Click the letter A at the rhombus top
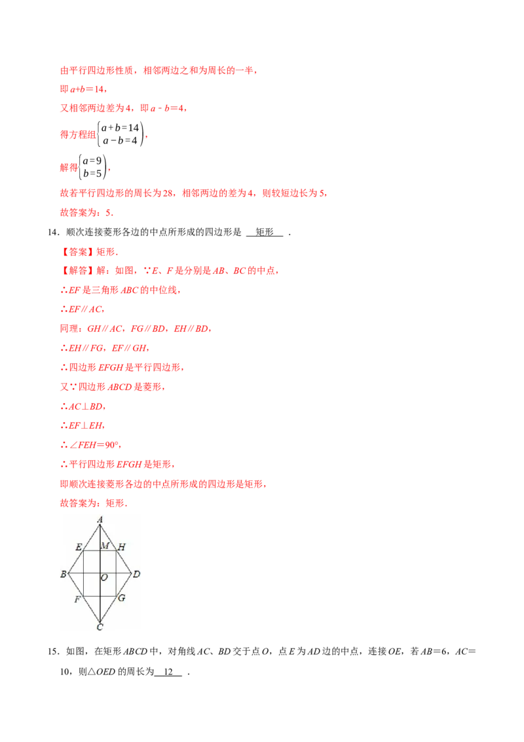[x=100, y=520]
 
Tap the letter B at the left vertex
[x=63, y=575]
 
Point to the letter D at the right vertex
[x=136, y=575]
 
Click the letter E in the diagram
[x=79, y=547]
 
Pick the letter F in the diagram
[x=77, y=600]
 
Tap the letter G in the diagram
[x=121, y=598]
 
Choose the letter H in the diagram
[x=122, y=547]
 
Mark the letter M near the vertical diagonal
[x=105, y=546]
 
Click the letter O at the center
[x=104, y=578]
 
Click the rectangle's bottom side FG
[x=92, y=596]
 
